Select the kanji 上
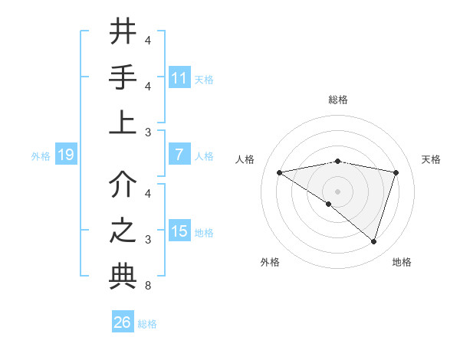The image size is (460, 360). click(123, 123)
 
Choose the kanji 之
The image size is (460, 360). click(123, 231)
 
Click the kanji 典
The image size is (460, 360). click(123, 277)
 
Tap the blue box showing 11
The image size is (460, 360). click(179, 77)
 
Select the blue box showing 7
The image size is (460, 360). click(179, 155)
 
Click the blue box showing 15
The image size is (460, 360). click(179, 231)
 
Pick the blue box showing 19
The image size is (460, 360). click(65, 155)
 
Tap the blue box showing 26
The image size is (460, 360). click(123, 322)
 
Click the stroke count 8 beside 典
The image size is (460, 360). click(147, 286)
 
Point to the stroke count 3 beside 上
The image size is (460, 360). click(147, 133)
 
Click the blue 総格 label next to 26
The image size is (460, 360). click(148, 324)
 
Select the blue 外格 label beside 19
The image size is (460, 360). click(41, 156)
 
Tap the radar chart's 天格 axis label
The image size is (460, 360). click(431, 159)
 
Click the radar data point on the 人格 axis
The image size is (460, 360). click(280, 172)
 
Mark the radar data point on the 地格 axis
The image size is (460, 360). click(373, 241)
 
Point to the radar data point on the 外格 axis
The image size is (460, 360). click(329, 204)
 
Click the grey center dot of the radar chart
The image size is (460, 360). click(337, 190)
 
